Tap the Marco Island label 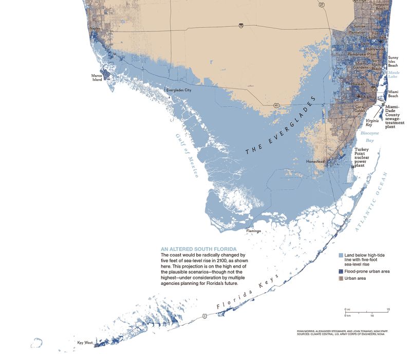point(98,78)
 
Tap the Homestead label point(315,161)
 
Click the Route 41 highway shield point(276,105)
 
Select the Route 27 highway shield point(321,5)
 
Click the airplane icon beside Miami point(358,96)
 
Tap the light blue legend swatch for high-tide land point(341,255)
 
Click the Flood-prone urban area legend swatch point(341,270)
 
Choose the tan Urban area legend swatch point(341,278)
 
